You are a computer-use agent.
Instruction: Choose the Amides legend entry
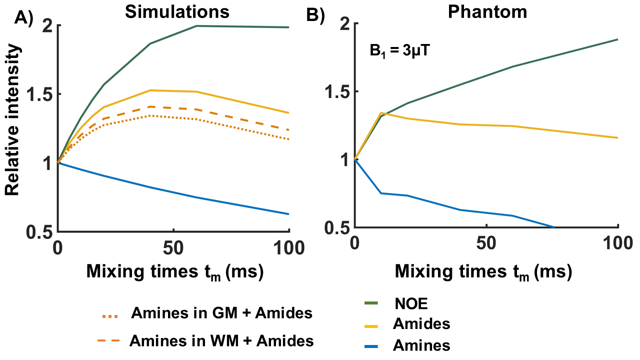click(x=421, y=324)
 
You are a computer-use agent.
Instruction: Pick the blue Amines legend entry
click(x=421, y=345)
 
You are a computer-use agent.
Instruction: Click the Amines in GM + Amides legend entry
click(x=221, y=313)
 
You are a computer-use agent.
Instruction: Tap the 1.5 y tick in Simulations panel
click(x=39, y=94)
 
